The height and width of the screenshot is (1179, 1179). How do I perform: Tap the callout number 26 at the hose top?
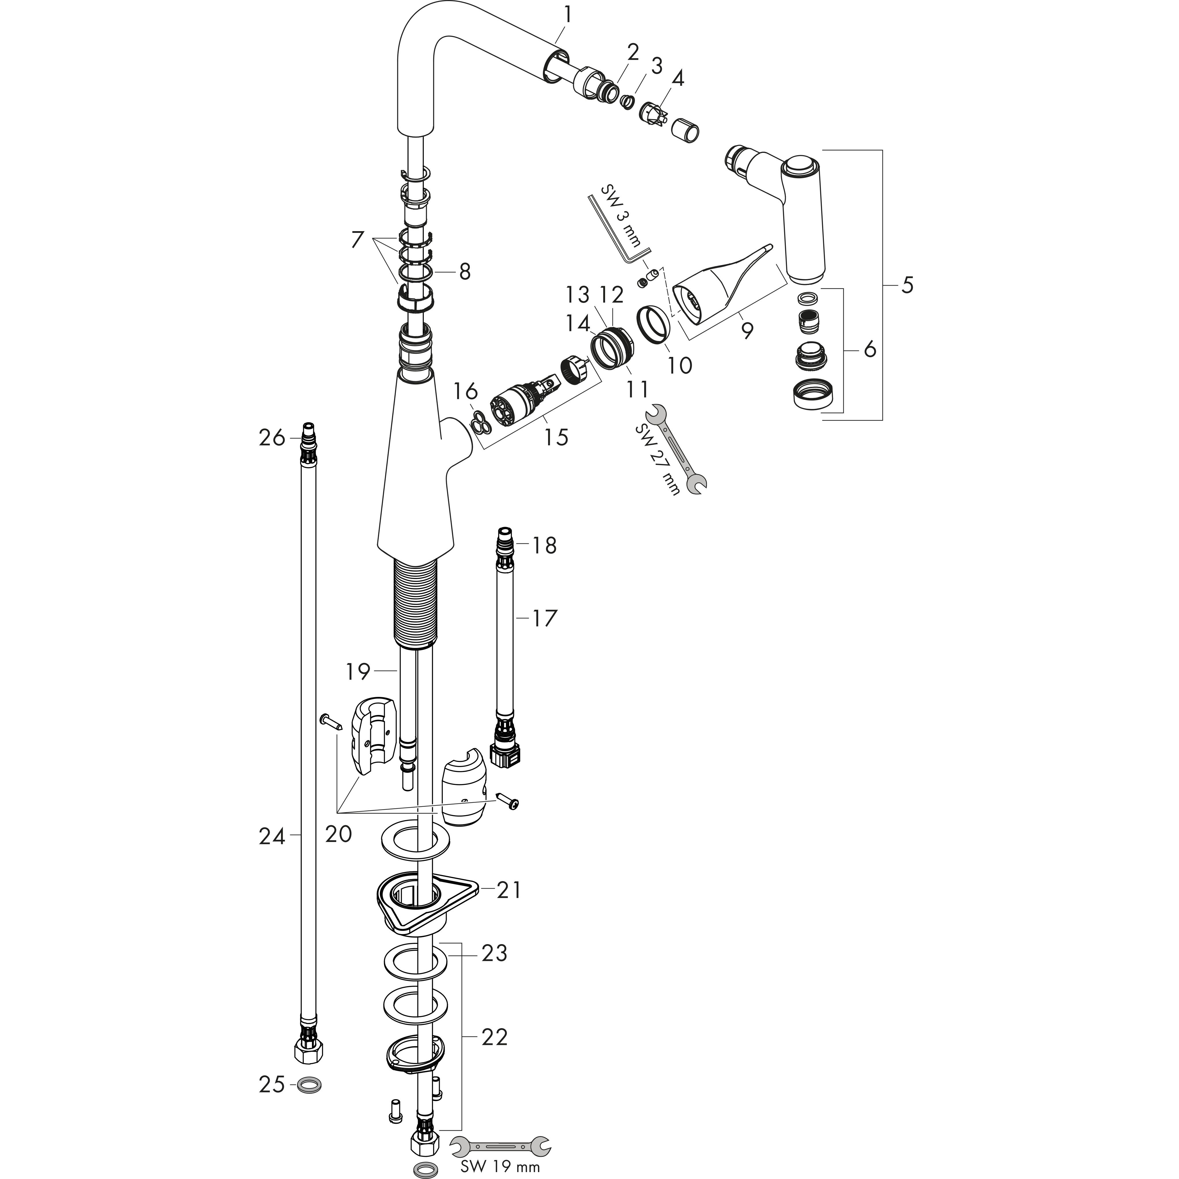click(x=271, y=438)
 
